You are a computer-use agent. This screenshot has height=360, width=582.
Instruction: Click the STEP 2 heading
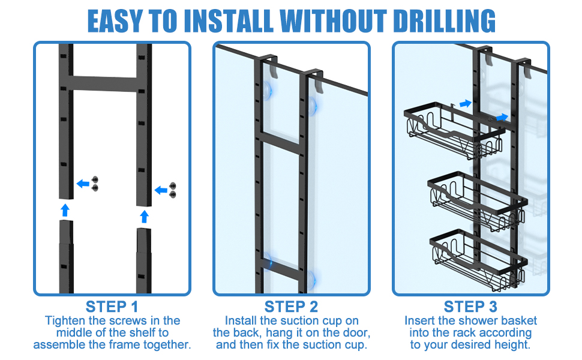[x=291, y=307]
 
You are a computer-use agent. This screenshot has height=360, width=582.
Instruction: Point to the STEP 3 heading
[x=470, y=307]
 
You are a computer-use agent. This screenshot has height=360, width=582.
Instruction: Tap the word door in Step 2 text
[x=350, y=333]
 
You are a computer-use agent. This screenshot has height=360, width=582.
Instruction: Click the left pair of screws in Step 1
[x=95, y=183]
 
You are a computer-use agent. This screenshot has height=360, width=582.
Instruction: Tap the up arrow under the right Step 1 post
[x=143, y=215]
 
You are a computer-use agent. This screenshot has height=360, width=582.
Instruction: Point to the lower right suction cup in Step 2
[x=311, y=278]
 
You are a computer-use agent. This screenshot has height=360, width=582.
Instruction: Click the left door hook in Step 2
[x=269, y=67]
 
